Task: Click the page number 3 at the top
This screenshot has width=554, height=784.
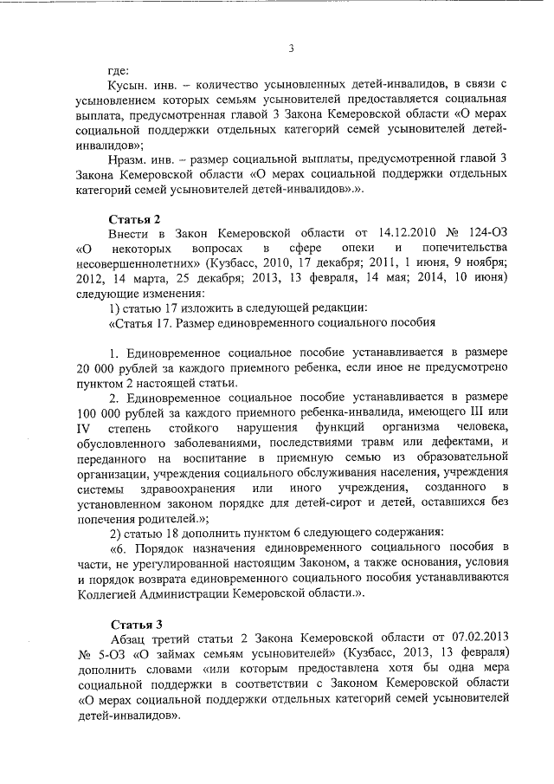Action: tap(291, 49)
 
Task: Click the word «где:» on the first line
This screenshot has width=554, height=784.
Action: tap(118, 70)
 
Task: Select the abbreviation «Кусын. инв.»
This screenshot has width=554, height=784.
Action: tap(141, 86)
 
